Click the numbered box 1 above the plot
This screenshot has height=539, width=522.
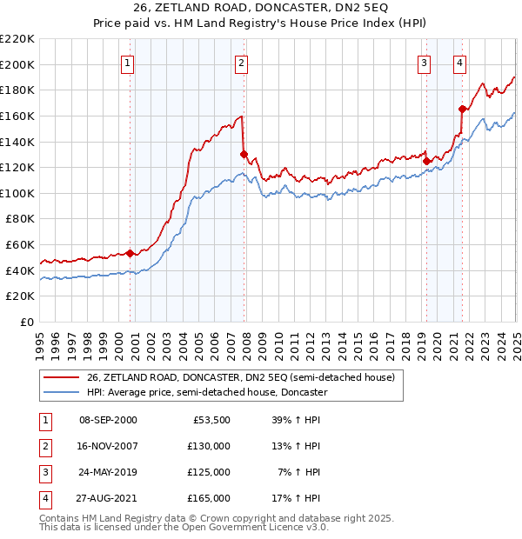coord(127,63)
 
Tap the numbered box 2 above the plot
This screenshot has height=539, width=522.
coord(240,63)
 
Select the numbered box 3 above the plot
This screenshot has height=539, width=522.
coord(424,63)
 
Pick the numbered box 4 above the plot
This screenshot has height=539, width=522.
coord(458,63)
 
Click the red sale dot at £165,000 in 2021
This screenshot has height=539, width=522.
coord(462,109)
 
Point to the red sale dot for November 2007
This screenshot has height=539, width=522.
coord(244,154)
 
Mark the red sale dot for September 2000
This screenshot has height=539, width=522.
coord(130,253)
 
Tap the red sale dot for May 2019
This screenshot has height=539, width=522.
coord(426,161)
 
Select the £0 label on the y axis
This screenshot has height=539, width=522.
coord(28,322)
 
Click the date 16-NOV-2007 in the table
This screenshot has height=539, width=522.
coord(108,445)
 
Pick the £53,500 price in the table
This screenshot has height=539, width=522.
coord(211,419)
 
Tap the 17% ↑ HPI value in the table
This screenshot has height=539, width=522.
coord(297,498)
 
